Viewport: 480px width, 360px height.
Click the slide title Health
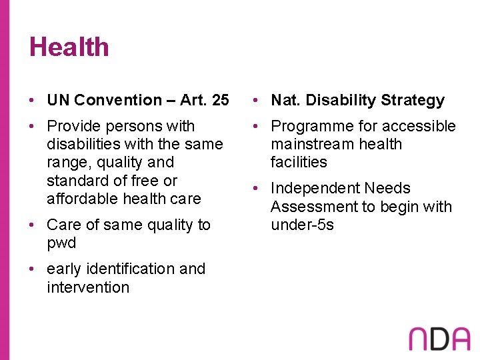69,47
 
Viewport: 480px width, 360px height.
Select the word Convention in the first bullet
118,101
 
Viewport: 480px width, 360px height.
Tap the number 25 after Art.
219,101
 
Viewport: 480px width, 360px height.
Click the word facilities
299,163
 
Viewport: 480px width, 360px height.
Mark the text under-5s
302,225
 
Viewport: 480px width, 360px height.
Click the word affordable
85,199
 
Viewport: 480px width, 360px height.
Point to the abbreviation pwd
61,243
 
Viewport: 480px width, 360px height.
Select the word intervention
88,287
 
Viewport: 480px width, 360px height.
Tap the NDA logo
439,338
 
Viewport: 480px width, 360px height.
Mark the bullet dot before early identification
33,269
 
